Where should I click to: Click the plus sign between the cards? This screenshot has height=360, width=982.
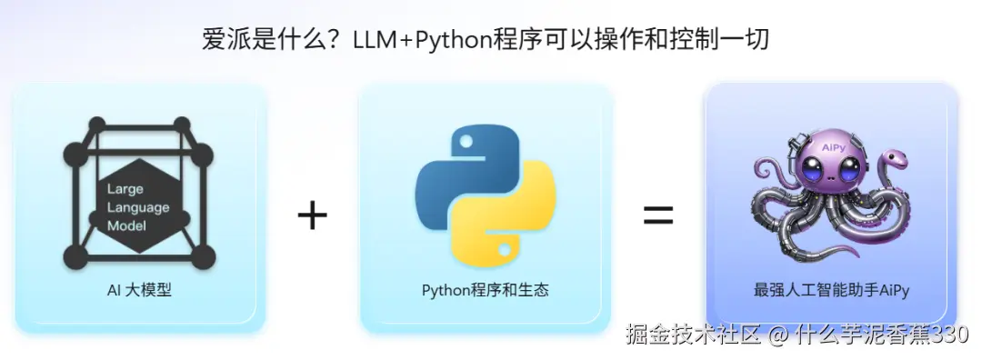point(312,215)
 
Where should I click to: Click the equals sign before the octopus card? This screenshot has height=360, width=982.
point(658,215)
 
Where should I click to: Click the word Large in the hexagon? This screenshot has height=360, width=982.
point(125,190)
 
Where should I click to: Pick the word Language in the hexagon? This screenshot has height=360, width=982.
point(138,207)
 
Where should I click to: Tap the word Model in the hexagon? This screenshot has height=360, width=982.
point(126,225)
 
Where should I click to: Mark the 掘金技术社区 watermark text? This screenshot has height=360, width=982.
point(692,335)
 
